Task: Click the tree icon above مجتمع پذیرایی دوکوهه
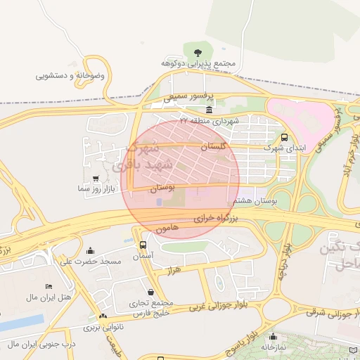pyautogui.click(x=198, y=51)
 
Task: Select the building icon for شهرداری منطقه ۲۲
pyautogui.click(x=210, y=110)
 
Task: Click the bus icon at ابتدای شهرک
pyautogui.click(x=284, y=138)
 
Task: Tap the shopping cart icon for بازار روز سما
pyautogui.click(x=96, y=179)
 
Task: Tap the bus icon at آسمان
pyautogui.click(x=143, y=245)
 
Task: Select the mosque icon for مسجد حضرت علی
pyautogui.click(x=90, y=250)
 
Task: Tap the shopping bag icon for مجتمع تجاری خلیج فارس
pyautogui.click(x=150, y=292)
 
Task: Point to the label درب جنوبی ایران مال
pyautogui.click(x=41, y=344)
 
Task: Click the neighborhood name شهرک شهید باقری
pyautogui.click(x=134, y=156)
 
